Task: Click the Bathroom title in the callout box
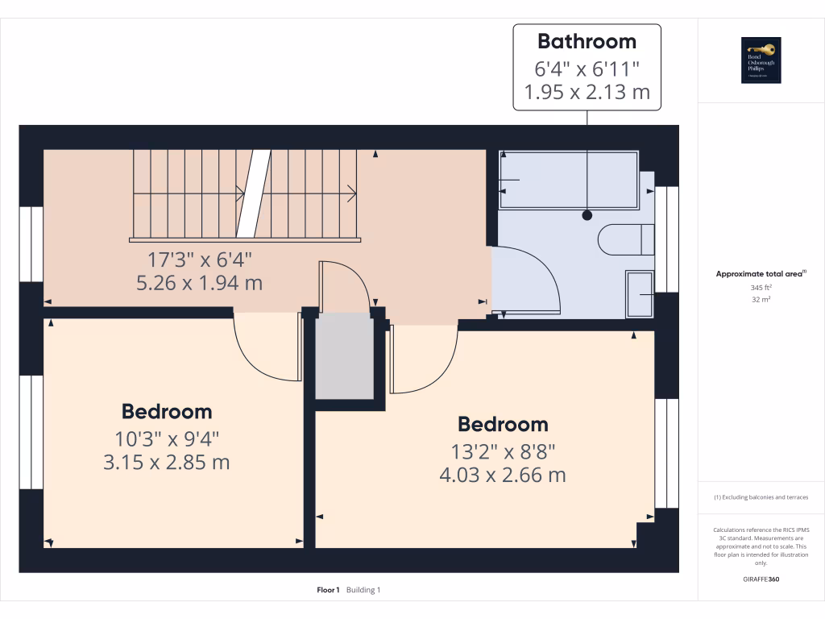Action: pyautogui.click(x=587, y=41)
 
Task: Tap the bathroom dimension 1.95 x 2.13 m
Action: pyautogui.click(x=587, y=92)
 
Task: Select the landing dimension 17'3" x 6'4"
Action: pyautogui.click(x=200, y=260)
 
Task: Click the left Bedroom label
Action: pyautogui.click(x=167, y=412)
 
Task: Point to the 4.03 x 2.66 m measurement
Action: pyautogui.click(x=502, y=476)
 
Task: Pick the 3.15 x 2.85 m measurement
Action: pyautogui.click(x=167, y=463)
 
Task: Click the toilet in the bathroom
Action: pyautogui.click(x=625, y=239)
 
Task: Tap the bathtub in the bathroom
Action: pyautogui.click(x=568, y=180)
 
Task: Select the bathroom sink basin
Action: pyautogui.click(x=640, y=294)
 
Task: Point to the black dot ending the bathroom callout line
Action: pyautogui.click(x=587, y=215)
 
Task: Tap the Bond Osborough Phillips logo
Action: pyautogui.click(x=761, y=60)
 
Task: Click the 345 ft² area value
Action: pyautogui.click(x=761, y=288)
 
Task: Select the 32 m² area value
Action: pyautogui.click(x=761, y=300)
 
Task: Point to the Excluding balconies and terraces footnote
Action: pyautogui.click(x=761, y=497)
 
